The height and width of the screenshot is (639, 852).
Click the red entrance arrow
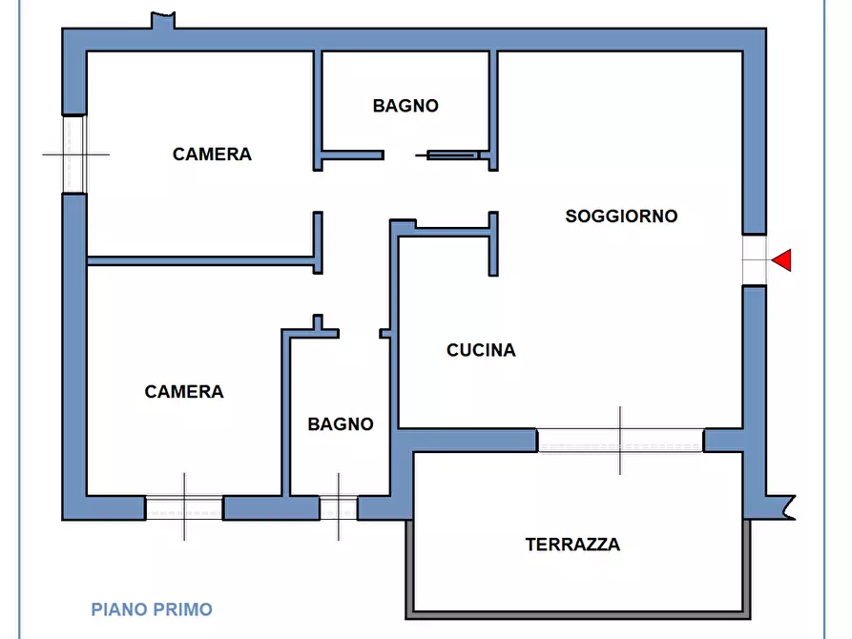click(x=782, y=259)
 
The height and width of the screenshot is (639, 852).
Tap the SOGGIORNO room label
click(x=621, y=216)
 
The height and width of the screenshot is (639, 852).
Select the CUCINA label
click(x=481, y=351)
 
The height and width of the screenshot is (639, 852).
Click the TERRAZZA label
click(x=572, y=546)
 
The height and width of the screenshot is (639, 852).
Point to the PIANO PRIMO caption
click(x=152, y=609)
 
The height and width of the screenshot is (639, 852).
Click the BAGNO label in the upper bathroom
click(x=405, y=106)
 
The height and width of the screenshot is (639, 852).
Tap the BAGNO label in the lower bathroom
click(x=341, y=424)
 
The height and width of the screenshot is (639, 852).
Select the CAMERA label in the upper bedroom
click(x=212, y=155)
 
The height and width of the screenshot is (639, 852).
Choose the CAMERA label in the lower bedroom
click(x=184, y=392)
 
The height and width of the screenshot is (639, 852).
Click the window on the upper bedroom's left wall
click(x=74, y=154)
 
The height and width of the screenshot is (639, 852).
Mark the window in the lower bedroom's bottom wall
click(x=184, y=507)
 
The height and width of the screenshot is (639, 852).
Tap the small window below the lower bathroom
click(x=339, y=507)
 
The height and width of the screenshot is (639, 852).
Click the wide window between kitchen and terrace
click(x=620, y=441)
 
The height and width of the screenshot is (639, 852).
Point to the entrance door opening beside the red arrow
click(x=755, y=259)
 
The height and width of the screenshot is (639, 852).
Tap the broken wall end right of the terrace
click(x=782, y=505)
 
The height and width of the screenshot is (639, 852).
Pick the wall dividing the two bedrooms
click(x=200, y=258)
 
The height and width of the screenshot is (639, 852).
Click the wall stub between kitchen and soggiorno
click(x=493, y=244)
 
